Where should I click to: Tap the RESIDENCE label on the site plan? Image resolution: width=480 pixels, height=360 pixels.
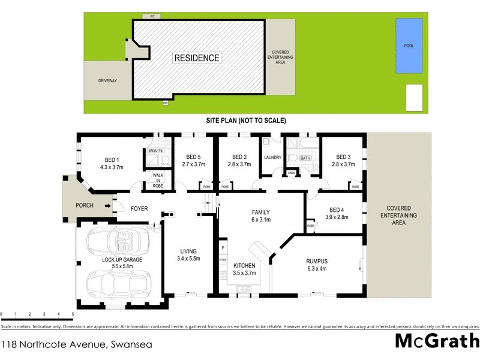point(197,58)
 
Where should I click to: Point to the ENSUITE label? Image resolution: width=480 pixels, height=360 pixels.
point(155,150)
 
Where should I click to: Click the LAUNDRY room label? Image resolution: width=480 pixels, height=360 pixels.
point(272,158)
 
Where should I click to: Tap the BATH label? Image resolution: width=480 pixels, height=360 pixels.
point(305,158)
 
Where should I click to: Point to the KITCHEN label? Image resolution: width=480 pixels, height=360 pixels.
point(244,265)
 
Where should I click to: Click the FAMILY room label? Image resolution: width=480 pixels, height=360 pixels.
point(260,212)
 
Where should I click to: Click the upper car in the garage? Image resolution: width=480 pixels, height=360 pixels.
point(118,242)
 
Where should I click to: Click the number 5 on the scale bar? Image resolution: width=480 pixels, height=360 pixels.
point(73,314)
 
